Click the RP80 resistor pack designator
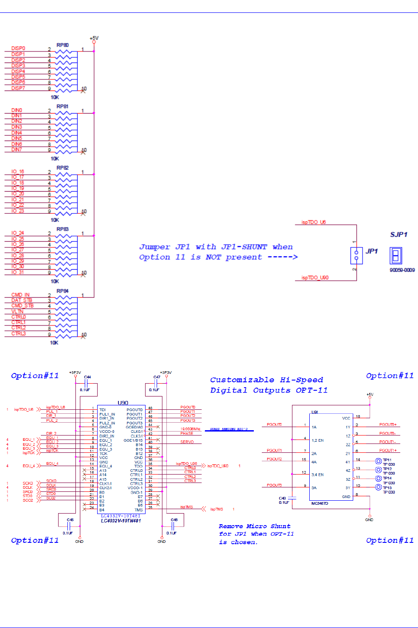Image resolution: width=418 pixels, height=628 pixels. (x=63, y=45)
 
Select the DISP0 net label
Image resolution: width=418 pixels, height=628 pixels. (x=18, y=48)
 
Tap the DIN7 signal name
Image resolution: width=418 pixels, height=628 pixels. (x=16, y=150)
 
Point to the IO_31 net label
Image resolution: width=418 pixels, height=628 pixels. (x=18, y=272)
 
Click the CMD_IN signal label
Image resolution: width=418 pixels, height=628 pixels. (x=20, y=295)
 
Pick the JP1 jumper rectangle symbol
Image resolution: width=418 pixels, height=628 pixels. (x=356, y=255)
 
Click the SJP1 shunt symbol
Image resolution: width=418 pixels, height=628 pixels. (x=396, y=255)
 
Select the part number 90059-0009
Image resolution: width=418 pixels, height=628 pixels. (x=402, y=270)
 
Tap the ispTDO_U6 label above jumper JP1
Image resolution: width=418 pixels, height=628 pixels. (x=314, y=222)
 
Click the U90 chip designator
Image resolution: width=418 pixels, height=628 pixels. (x=123, y=403)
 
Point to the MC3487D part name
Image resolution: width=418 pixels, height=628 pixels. (x=320, y=503)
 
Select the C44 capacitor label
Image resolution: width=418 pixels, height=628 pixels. (x=87, y=377)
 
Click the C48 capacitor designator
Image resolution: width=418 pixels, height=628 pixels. (x=174, y=520)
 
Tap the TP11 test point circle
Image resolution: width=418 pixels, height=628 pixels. (x=379, y=461)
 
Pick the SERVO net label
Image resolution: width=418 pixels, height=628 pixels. (x=187, y=442)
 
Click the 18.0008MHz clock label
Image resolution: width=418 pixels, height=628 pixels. (x=190, y=429)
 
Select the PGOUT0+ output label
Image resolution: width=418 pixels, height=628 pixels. (x=388, y=425)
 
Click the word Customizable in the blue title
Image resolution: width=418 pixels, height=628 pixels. (x=242, y=380)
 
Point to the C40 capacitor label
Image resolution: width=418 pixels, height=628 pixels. (x=282, y=498)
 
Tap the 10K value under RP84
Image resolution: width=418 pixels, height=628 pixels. (x=54, y=342)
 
